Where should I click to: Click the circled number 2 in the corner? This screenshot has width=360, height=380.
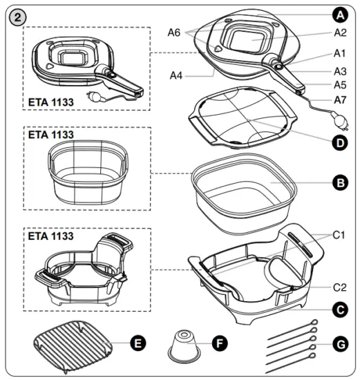pyautogui.click(x=13, y=13)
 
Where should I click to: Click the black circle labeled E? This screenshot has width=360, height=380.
pyautogui.click(x=138, y=342)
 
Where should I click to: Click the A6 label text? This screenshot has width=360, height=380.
pyautogui.click(x=176, y=31)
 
